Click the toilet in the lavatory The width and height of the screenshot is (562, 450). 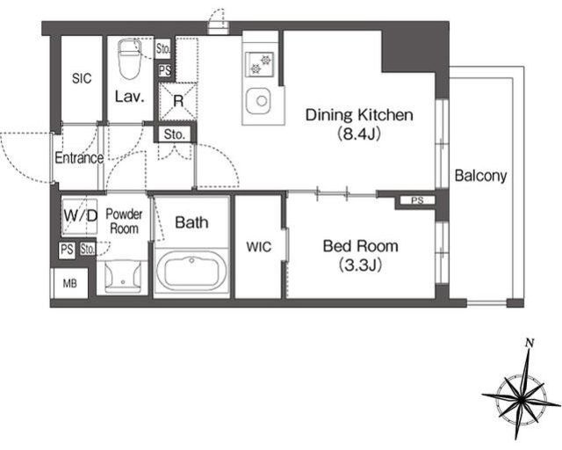[x=129, y=59]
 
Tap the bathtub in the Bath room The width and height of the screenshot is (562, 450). [x=191, y=270]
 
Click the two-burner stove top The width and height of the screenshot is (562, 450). [x=260, y=63]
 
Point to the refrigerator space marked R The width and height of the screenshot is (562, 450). [x=178, y=101]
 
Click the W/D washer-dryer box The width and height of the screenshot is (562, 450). [x=80, y=216]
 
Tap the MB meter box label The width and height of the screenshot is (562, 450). [x=70, y=284]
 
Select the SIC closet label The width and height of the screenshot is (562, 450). [x=82, y=78]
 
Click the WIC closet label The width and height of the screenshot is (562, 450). [x=259, y=247]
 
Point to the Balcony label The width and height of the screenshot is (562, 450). [x=480, y=176]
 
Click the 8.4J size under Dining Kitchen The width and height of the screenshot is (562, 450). [x=358, y=134]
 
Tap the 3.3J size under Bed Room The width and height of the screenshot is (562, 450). [x=359, y=265]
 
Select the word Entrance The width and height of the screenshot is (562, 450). [x=79, y=158]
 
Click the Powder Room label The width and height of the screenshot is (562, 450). [x=124, y=221]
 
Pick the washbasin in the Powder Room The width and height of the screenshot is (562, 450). [x=123, y=276]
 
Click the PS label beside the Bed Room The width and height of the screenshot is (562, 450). [x=418, y=200]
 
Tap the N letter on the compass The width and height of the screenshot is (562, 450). [x=529, y=343]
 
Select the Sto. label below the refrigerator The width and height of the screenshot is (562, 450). [x=175, y=134]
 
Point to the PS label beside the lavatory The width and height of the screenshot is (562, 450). [x=165, y=70]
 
